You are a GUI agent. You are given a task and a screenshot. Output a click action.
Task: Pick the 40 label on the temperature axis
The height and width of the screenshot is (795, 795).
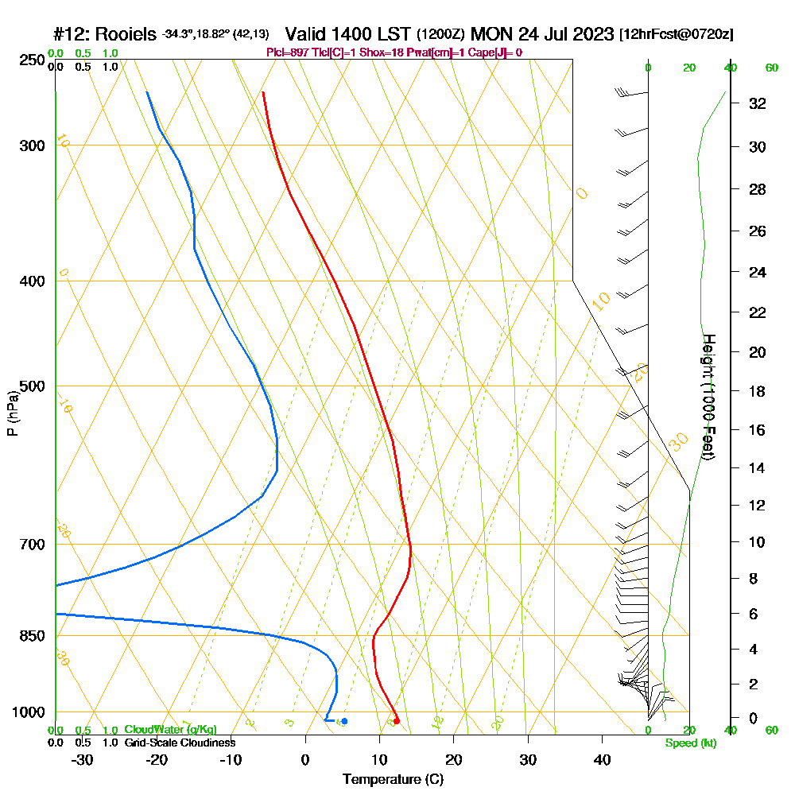(x=603, y=759)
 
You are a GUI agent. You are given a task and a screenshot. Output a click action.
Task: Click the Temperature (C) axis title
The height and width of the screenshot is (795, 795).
(x=393, y=779)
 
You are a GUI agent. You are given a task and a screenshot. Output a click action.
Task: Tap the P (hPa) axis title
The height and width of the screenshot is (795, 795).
(x=12, y=413)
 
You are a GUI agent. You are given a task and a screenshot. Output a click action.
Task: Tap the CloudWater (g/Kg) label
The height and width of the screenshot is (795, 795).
(x=170, y=730)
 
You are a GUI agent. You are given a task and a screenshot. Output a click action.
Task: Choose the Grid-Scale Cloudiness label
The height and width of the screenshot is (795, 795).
(x=179, y=743)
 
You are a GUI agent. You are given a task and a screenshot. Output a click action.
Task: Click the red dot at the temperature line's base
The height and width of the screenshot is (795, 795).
(x=396, y=721)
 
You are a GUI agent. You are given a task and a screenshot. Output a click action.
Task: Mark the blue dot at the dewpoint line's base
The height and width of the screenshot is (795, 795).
(x=344, y=721)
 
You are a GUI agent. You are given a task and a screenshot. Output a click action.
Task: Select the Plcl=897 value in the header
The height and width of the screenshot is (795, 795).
(x=287, y=52)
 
